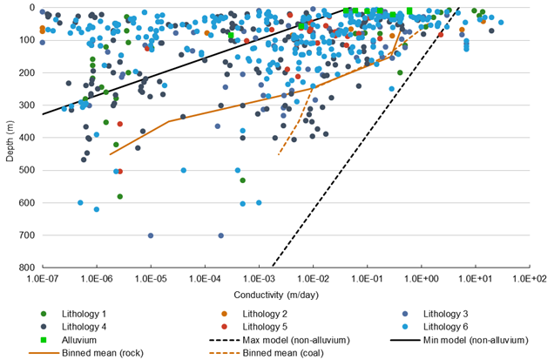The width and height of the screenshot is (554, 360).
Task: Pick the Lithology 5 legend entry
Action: pos(266,326)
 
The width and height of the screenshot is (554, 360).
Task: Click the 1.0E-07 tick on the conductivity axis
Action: pos(42,277)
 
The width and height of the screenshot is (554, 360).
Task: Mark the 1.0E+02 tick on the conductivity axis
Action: pos(530,277)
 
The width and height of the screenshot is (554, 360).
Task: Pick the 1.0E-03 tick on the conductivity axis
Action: pos(260,277)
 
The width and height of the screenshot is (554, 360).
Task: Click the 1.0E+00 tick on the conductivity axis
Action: pos(422,277)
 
